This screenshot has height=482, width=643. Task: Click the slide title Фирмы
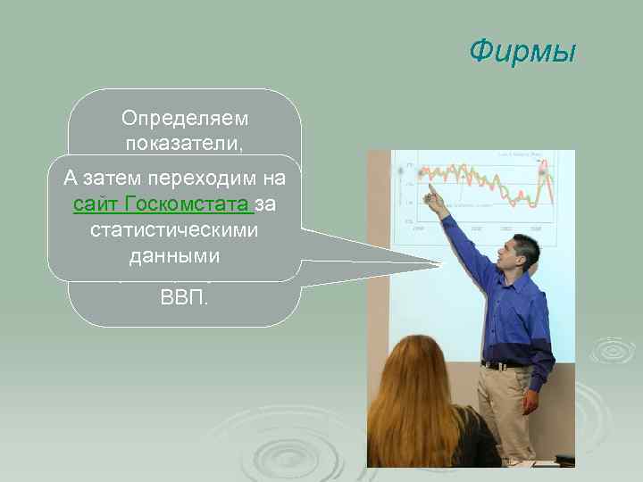coord(523,52)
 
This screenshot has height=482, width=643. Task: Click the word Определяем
coord(186,118)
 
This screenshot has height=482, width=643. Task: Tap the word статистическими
coord(174,230)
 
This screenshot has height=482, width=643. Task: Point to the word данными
coord(174,255)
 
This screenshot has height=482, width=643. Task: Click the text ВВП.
coord(185,296)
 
